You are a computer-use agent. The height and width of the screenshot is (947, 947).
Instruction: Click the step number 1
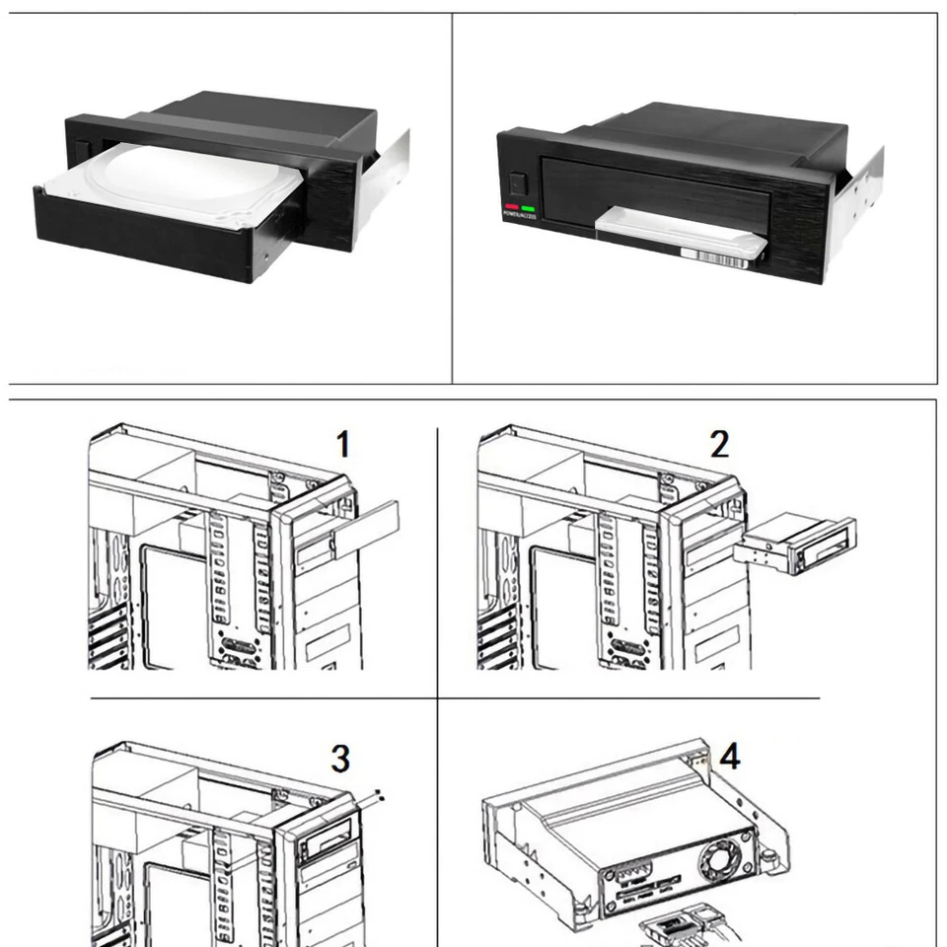tap(342, 445)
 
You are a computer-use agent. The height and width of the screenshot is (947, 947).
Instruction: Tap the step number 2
tap(720, 445)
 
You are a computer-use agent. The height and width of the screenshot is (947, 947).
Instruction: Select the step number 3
tap(339, 760)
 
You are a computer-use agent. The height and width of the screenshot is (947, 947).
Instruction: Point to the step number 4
tap(730, 758)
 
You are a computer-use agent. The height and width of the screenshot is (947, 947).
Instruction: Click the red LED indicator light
tap(512, 208)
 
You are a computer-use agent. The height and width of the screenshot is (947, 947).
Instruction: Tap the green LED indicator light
tap(528, 208)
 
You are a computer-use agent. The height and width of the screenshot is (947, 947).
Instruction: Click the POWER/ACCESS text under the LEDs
tap(519, 216)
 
